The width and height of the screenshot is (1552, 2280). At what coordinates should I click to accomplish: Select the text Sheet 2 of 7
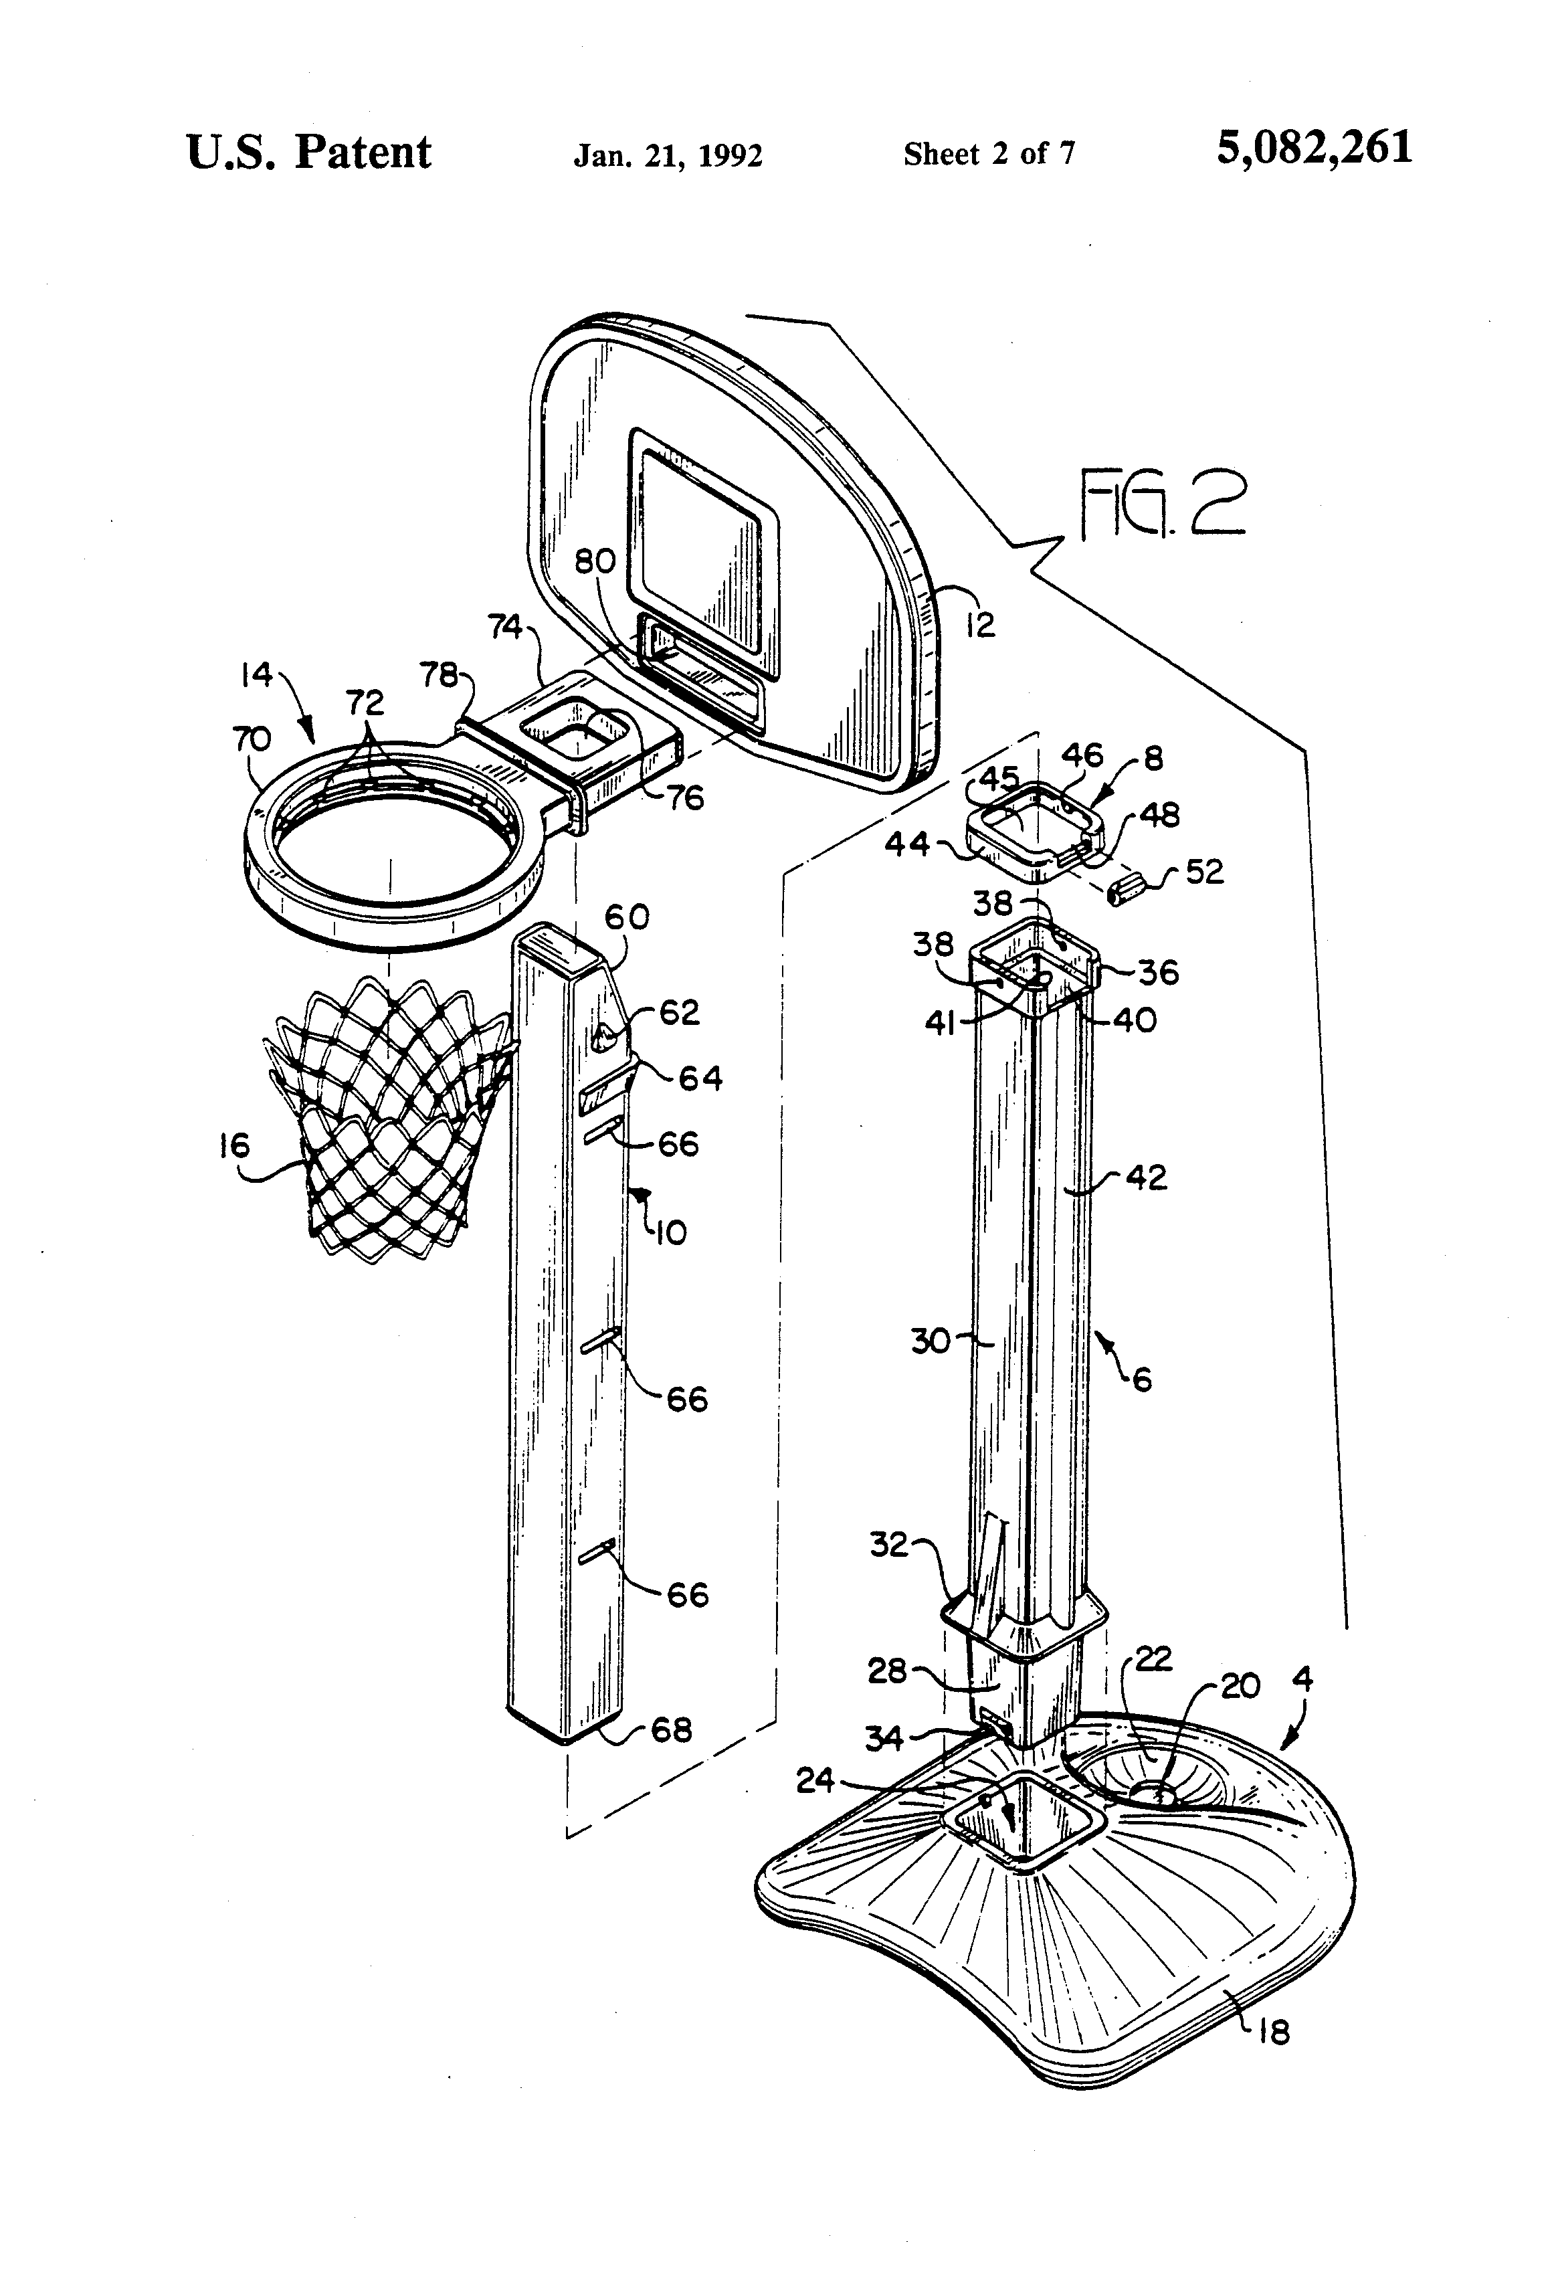989,153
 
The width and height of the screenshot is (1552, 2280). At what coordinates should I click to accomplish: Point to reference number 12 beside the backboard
980,624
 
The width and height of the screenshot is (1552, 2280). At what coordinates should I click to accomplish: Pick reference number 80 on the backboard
595,561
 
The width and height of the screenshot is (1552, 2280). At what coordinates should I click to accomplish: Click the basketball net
391,1119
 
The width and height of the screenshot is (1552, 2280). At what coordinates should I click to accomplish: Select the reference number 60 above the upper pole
627,917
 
